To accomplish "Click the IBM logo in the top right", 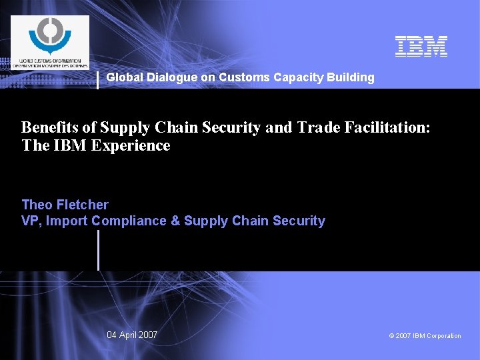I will tap(421, 45).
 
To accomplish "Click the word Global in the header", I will tap(123, 77).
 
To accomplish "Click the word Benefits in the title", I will tap(52, 127).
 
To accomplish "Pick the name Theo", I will tap(37, 205).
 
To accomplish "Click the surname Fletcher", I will tap(82, 205).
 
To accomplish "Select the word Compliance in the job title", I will tap(129, 221).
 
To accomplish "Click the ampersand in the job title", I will tap(175, 221).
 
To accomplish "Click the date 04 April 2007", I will tap(132, 335).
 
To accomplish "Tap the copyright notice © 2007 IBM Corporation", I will tap(425, 335).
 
